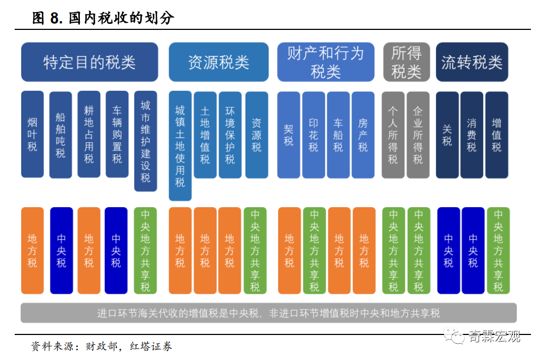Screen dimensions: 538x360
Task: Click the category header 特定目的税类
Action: coord(90,62)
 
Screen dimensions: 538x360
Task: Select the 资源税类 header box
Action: coord(218,62)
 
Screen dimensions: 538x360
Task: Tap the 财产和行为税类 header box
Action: coord(326,62)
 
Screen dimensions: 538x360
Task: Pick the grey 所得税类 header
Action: coord(406,62)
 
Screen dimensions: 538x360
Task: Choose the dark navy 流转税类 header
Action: coord(472,62)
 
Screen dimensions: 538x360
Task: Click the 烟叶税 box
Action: coord(33,134)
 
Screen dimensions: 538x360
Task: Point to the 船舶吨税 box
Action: coord(61,134)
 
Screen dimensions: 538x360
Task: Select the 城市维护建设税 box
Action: coord(146,141)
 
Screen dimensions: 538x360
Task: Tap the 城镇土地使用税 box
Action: coord(180,146)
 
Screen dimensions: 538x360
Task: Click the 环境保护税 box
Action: coord(230,135)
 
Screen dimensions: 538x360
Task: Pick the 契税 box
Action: coord(289,135)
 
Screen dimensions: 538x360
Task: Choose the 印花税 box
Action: coord(314,135)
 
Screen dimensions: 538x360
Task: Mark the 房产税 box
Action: coord(363,135)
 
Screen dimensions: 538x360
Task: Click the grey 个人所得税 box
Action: coord(393,135)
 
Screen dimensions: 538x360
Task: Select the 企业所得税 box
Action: coord(418,135)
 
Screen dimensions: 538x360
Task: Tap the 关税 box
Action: coord(447,135)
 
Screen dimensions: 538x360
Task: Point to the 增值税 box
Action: coord(497,135)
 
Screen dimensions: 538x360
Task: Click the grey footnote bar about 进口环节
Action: coord(268,313)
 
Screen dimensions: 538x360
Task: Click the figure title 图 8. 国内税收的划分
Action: coord(103,18)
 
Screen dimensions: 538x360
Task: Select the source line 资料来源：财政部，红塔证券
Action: coord(102,346)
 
